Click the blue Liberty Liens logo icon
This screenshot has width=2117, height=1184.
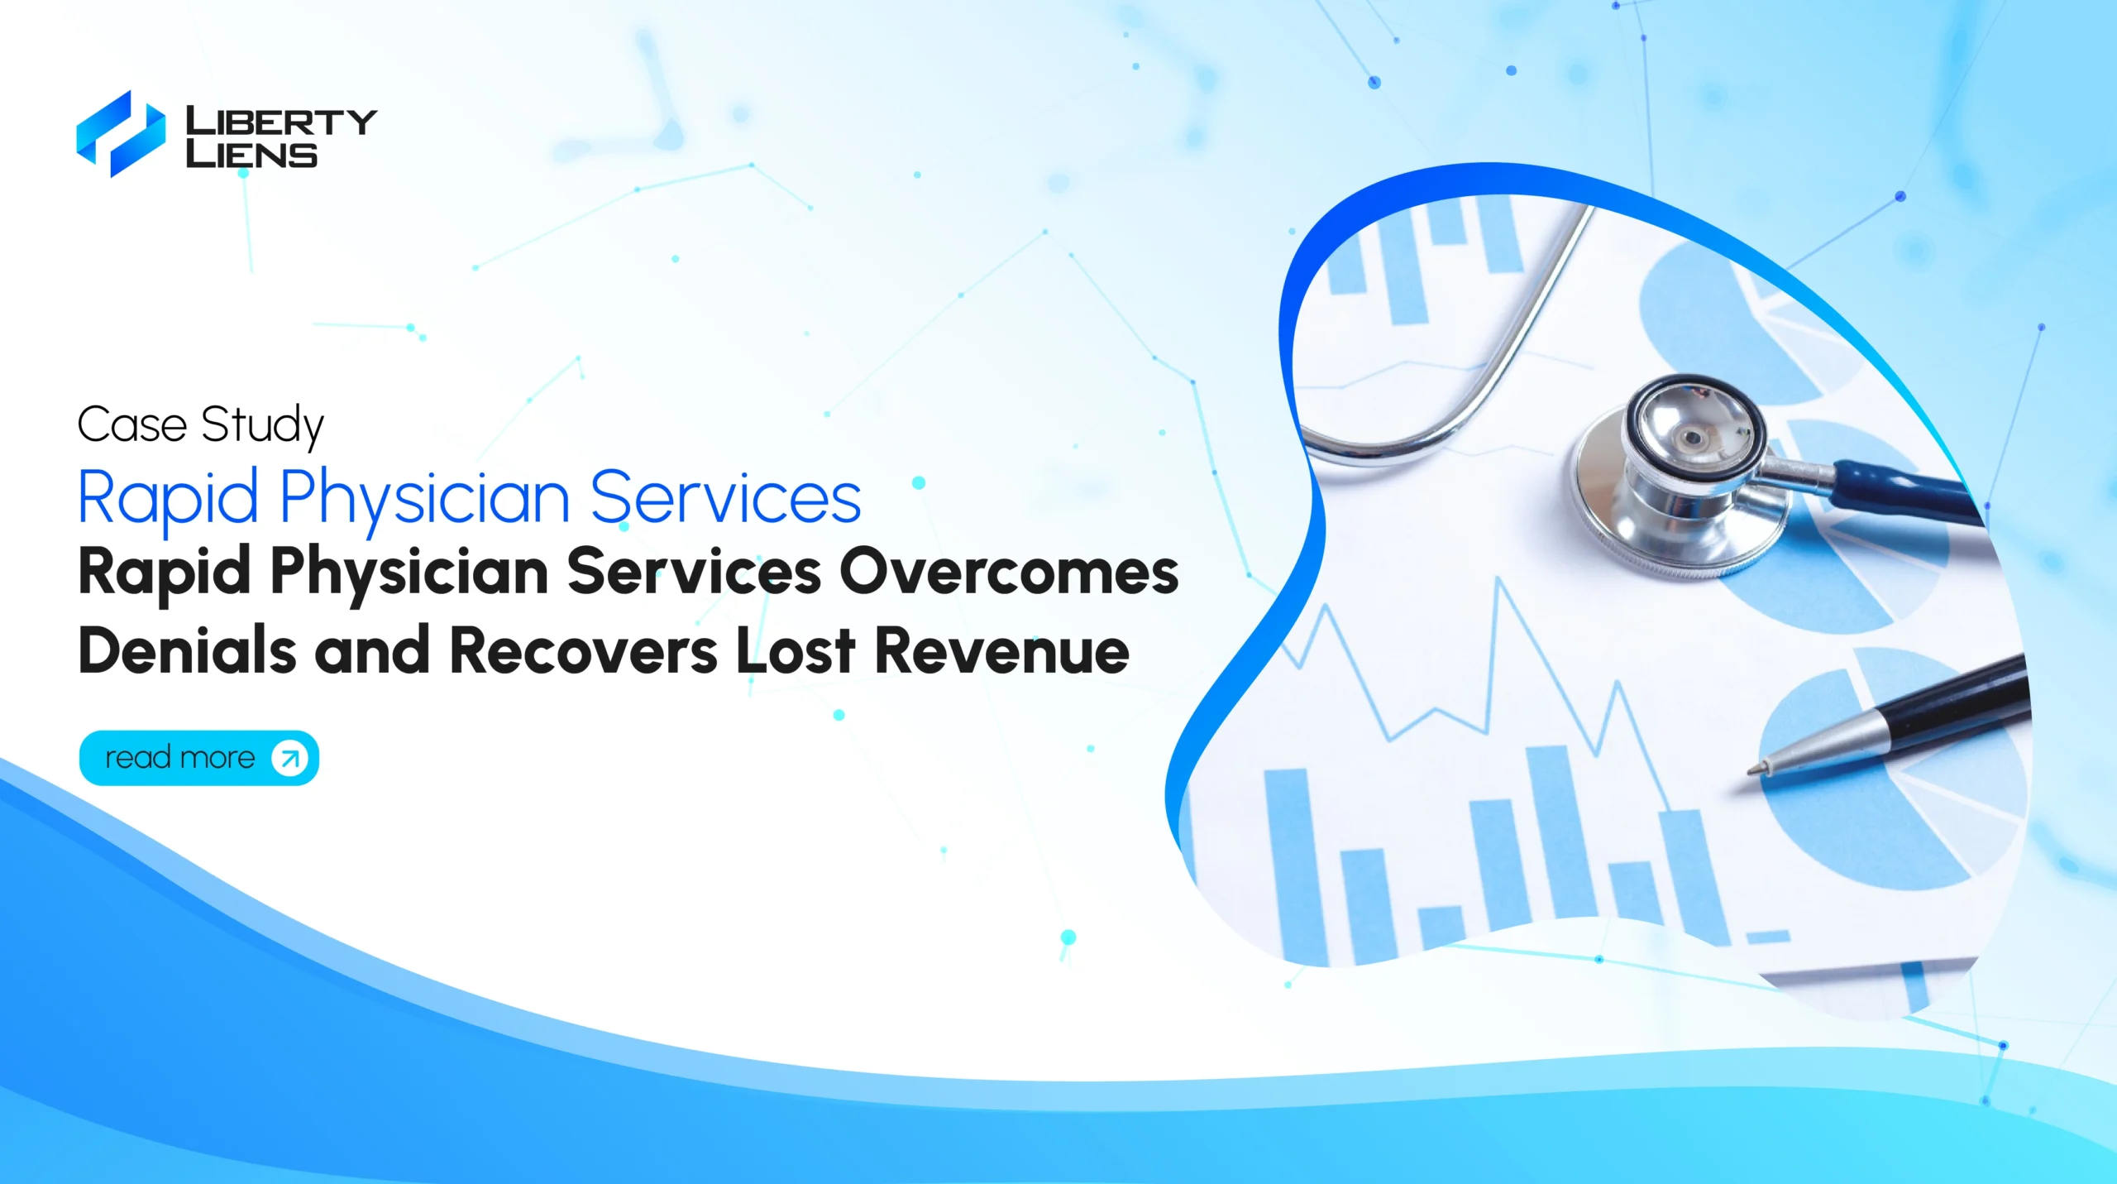121,134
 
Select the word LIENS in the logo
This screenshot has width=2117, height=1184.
251,154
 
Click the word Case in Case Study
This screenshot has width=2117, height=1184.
132,425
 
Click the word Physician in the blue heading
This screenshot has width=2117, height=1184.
425,499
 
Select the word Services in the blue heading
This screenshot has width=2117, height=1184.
726,497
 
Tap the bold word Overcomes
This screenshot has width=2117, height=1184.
1009,572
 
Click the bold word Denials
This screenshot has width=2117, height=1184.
187,650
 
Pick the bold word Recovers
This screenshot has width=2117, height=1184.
584,651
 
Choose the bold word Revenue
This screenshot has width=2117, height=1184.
1001,651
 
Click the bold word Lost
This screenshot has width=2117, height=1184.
796,650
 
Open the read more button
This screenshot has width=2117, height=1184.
199,758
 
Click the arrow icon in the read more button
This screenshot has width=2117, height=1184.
289,758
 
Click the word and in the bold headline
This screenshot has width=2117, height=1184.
372,650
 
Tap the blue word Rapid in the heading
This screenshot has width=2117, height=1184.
168,499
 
